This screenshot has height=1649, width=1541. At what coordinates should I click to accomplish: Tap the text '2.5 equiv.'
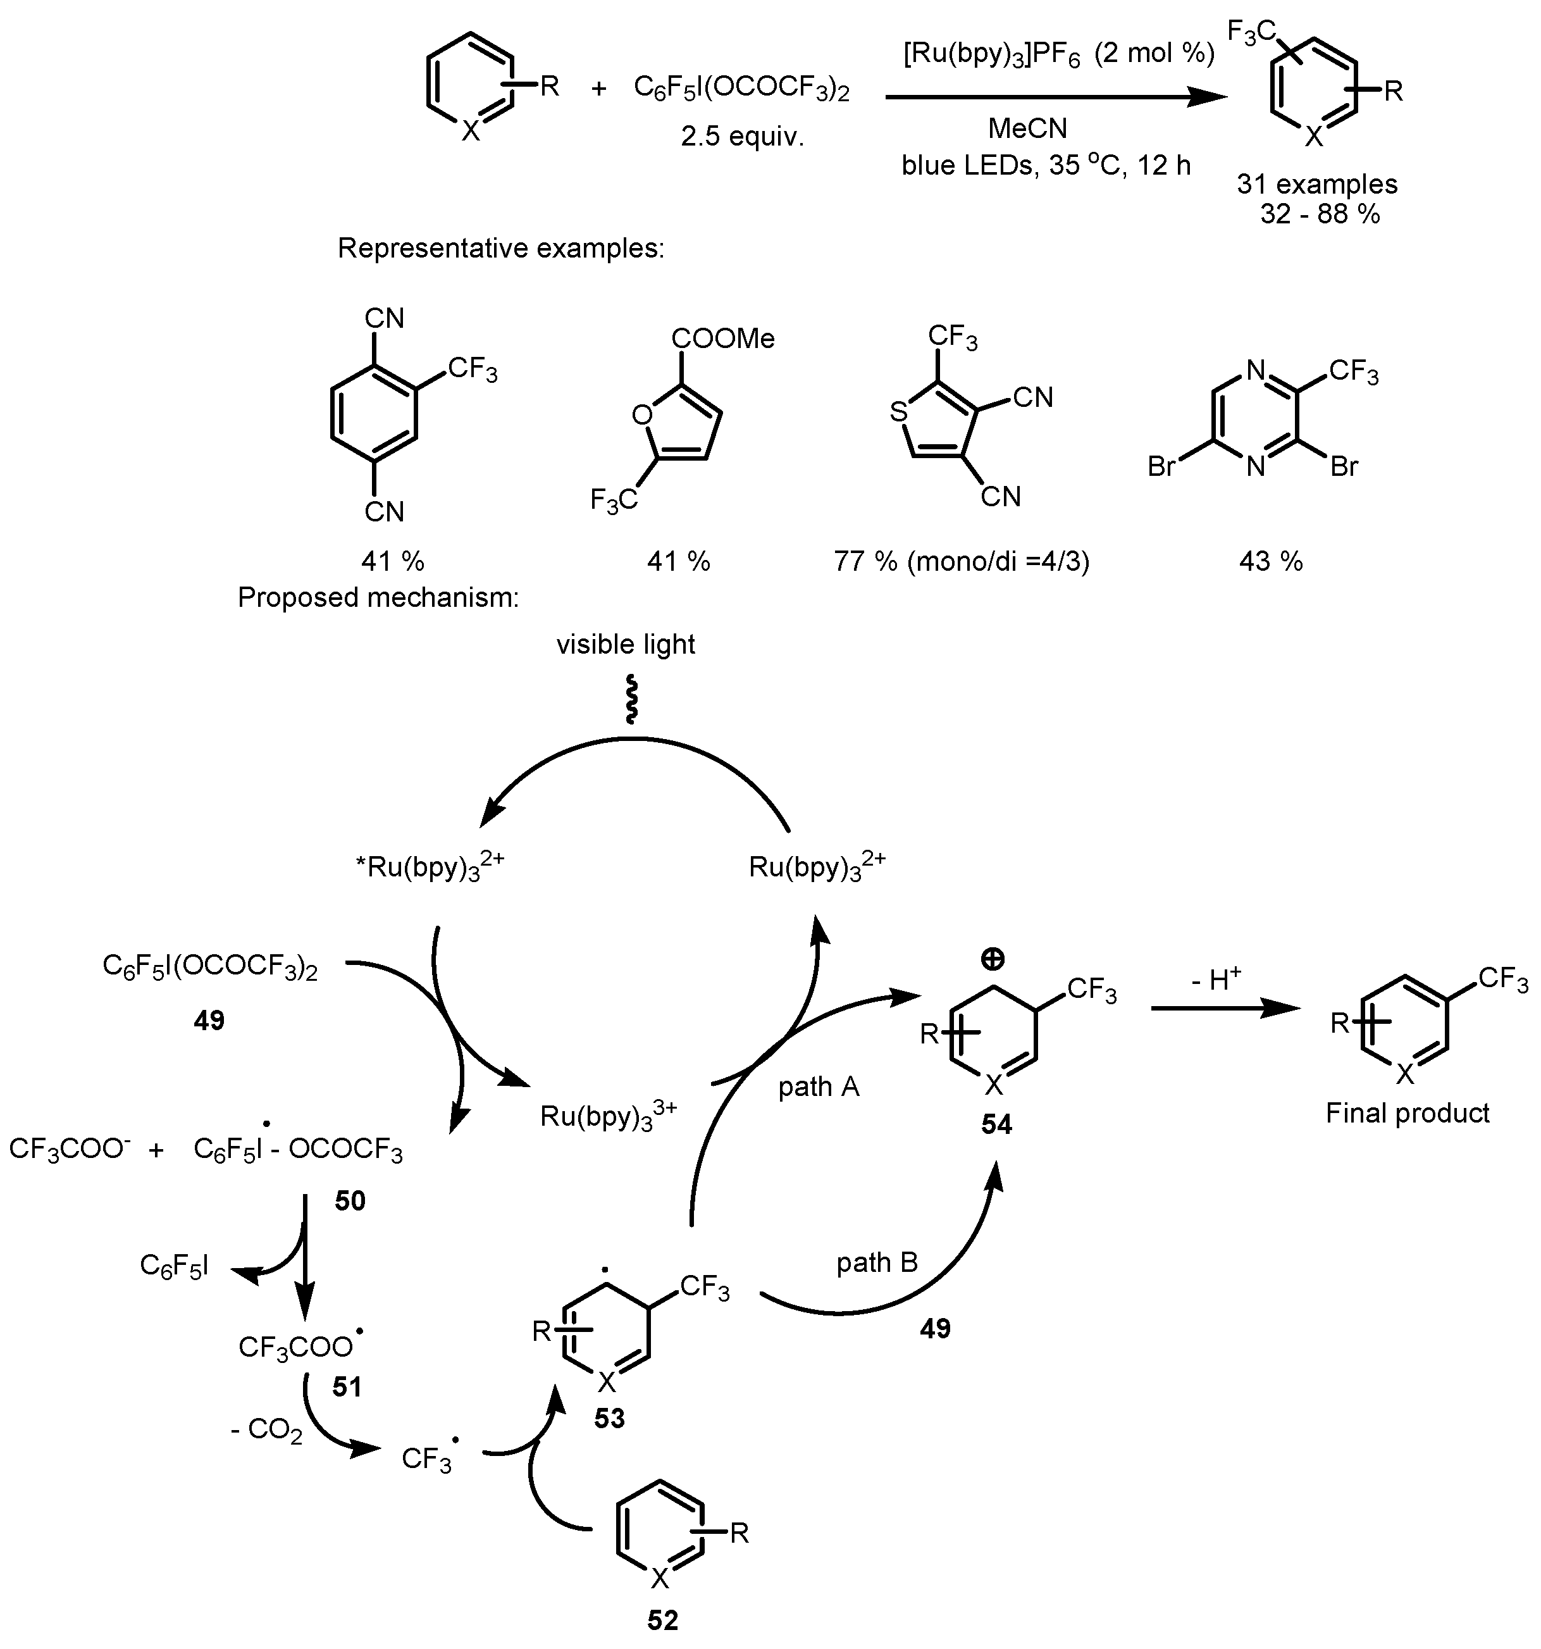tap(742, 136)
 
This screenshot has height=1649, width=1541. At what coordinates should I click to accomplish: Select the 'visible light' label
tap(626, 645)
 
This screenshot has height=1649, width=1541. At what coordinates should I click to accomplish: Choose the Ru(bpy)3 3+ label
tap(608, 1116)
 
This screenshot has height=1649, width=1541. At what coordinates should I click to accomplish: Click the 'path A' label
tap(818, 1086)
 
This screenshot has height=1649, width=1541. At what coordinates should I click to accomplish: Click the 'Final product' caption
tap(1407, 1112)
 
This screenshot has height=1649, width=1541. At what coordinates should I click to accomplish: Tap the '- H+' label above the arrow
tap(1216, 980)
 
